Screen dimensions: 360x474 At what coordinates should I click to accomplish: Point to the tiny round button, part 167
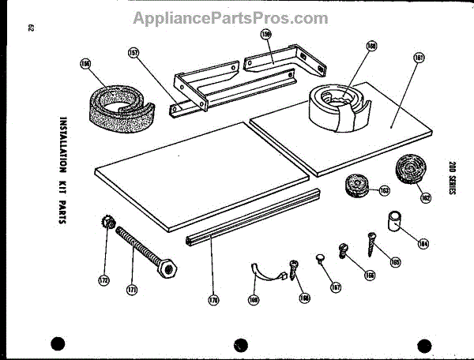(x=320, y=258)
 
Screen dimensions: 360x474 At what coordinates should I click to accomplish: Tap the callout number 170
(x=213, y=299)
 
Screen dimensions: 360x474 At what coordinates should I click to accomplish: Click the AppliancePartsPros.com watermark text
(x=230, y=17)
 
